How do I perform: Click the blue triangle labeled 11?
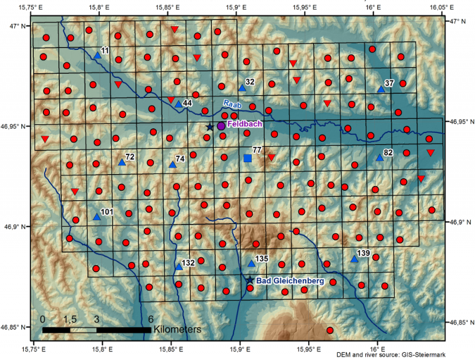coord(98,55)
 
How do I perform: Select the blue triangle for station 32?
coord(242,87)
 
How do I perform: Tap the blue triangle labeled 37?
coord(381,89)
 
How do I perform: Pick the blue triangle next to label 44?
coord(178,104)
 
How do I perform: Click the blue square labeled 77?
coord(248,158)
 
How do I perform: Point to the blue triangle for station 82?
coord(379,158)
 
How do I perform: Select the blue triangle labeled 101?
coord(97,217)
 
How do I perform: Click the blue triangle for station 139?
coord(354,259)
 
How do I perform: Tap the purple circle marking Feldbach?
coord(221,126)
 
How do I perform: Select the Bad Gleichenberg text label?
coord(290,280)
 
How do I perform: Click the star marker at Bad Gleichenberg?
coord(250,280)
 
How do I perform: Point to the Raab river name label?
coord(232,104)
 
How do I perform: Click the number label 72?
coord(130,157)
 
